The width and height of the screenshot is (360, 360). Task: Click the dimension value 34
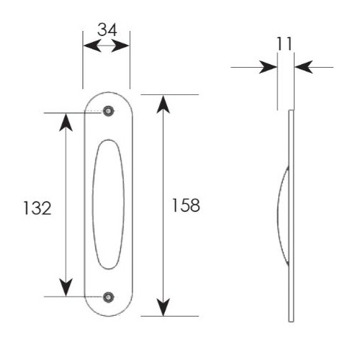(107, 29)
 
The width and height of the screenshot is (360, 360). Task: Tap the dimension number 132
(38, 208)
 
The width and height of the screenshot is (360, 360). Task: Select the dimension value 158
(186, 205)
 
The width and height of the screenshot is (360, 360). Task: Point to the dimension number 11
(285, 44)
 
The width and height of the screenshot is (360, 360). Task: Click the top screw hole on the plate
(108, 111)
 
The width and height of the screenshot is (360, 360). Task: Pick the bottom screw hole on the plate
(108, 297)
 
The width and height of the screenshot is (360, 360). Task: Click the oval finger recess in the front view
(108, 205)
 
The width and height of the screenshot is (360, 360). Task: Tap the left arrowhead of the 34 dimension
(92, 46)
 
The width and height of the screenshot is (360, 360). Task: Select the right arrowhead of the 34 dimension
(120, 46)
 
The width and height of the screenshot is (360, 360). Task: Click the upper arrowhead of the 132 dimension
(66, 122)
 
